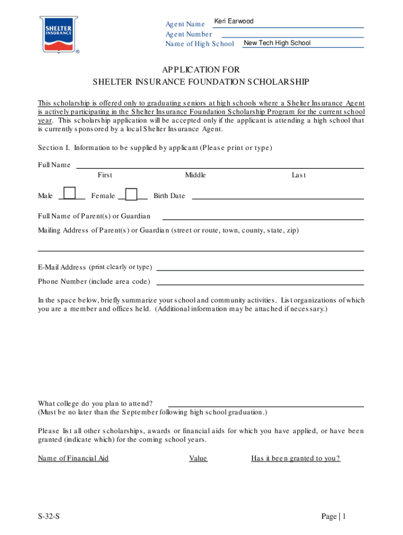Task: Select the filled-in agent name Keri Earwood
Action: tap(234, 21)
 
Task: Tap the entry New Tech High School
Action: tap(277, 43)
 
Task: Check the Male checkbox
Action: tap(69, 194)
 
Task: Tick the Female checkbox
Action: tap(131, 194)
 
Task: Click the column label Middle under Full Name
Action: tap(195, 176)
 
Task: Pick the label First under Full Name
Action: tap(105, 176)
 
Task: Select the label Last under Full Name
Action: tap(299, 176)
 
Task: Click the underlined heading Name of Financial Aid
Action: tap(73, 459)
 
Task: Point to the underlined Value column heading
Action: tap(198, 459)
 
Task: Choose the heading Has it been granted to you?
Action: tap(296, 459)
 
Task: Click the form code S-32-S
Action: tap(49, 517)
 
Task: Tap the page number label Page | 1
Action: tap(334, 517)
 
